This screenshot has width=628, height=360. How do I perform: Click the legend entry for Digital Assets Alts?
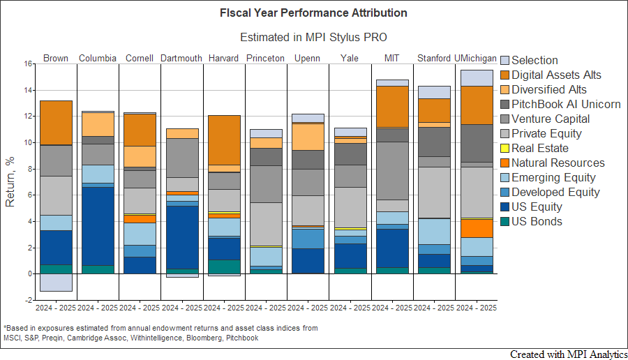[x=556, y=75]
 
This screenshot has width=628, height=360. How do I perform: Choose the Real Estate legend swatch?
[x=505, y=148]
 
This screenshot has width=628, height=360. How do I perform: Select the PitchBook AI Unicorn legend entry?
[x=566, y=104]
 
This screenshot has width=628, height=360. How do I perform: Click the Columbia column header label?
[x=97, y=58]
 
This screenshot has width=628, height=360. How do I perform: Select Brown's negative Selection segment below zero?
[x=56, y=282]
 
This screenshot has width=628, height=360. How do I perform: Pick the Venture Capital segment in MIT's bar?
[x=391, y=170]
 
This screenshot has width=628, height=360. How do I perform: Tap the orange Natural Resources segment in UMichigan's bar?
[x=476, y=228]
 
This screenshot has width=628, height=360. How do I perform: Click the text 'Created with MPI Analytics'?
[x=567, y=354]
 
